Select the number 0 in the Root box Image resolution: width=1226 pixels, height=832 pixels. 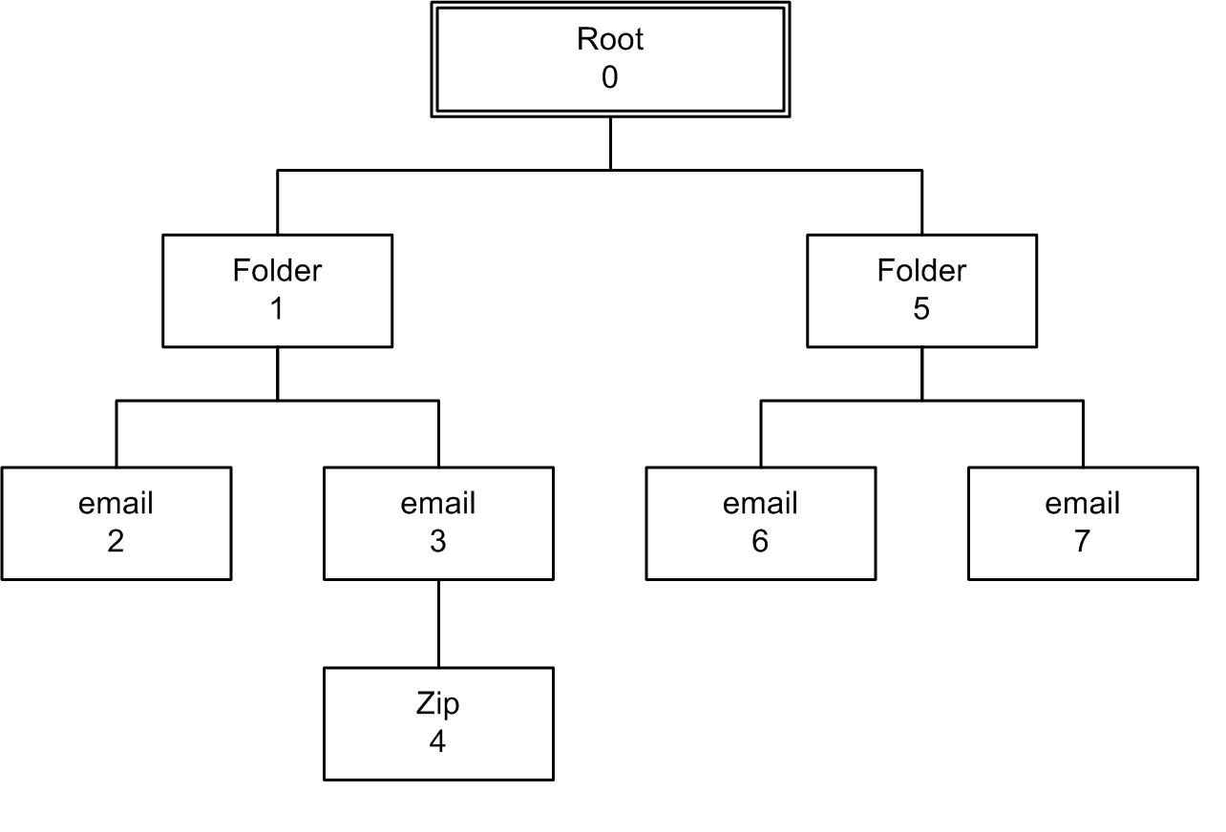(610, 77)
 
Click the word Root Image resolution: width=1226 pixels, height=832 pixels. (610, 39)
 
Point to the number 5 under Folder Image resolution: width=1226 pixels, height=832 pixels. (921, 310)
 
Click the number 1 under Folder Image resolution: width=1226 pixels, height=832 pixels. (277, 310)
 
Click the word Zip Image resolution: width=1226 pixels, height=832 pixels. (438, 704)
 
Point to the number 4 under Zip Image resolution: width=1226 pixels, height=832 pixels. (438, 742)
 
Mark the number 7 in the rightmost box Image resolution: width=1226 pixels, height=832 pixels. (1083, 542)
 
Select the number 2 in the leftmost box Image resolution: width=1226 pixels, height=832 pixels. (116, 542)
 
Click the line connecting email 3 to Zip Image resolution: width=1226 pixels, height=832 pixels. (438, 623)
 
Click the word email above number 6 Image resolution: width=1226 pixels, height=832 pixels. (760, 503)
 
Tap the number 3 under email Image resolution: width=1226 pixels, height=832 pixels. (438, 542)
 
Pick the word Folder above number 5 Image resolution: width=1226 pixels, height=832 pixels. (921, 271)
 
